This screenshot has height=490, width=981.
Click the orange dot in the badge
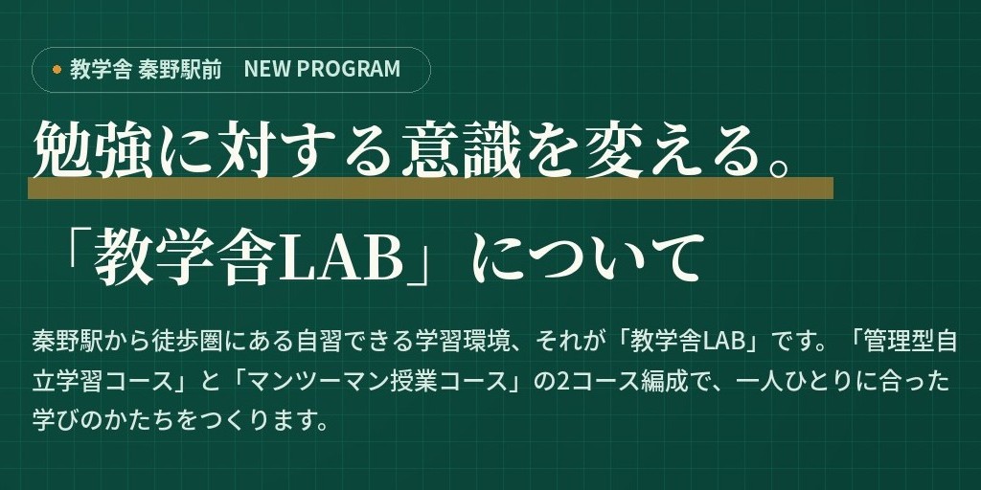point(57,69)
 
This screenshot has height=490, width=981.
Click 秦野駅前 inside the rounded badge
point(180,69)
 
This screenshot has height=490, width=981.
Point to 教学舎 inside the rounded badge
point(101,69)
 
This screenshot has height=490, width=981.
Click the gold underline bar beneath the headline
point(430,188)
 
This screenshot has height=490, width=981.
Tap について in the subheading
point(591,258)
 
